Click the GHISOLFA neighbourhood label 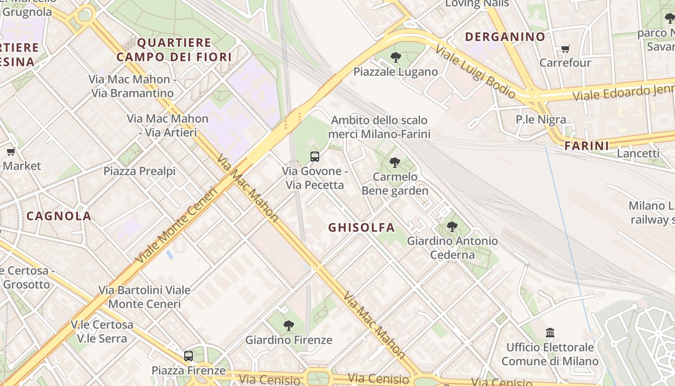362,227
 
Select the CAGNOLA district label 59,216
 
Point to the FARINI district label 586,145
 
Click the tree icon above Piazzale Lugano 395,57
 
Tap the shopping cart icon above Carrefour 565,49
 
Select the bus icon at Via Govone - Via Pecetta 315,156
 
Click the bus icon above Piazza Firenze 189,356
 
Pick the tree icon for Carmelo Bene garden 395,162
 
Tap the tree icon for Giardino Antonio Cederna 452,226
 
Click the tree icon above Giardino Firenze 289,326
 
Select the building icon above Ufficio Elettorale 550,332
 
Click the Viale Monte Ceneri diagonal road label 176,224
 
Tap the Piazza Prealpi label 139,171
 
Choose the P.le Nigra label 541,119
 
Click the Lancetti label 638,153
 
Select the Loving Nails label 477,4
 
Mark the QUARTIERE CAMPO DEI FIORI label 174,50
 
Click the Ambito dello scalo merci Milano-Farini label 379,127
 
